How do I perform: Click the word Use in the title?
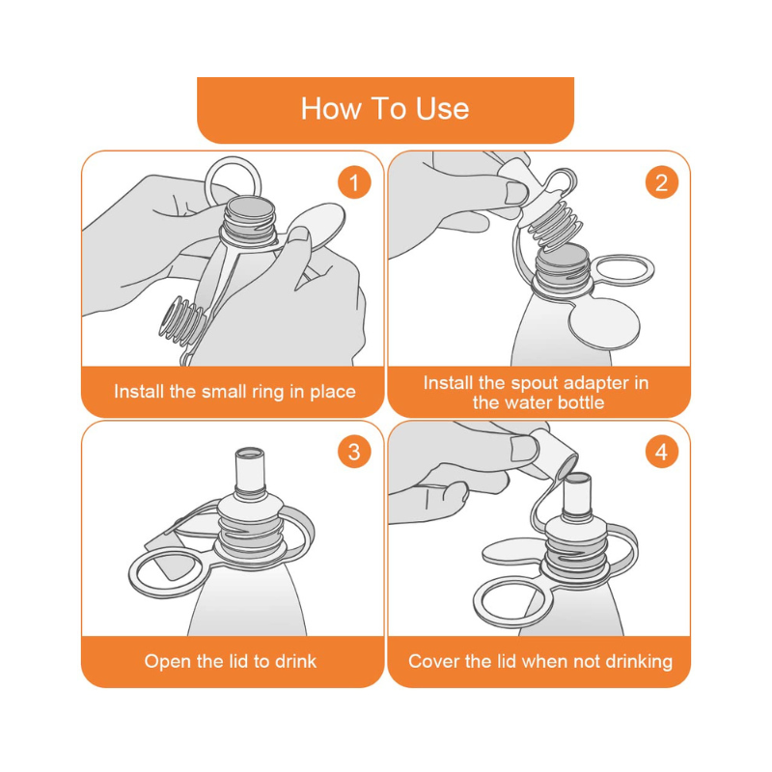442,108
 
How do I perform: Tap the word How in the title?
331,108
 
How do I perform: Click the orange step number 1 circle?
354,182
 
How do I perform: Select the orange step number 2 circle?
661,182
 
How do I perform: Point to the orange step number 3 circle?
354,452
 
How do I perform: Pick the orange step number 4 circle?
661,452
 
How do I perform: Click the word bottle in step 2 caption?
577,402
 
